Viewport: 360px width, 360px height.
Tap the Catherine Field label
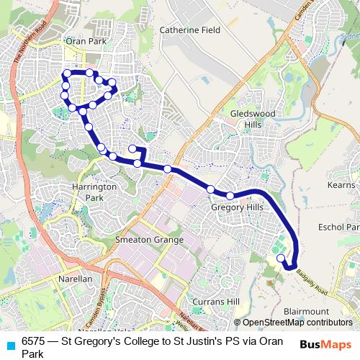[189, 30]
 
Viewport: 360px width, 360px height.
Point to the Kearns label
[342, 185]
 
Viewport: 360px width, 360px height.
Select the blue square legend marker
[10, 343]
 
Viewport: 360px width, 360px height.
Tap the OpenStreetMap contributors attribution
[296, 323]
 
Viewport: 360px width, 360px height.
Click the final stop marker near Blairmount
[281, 257]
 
